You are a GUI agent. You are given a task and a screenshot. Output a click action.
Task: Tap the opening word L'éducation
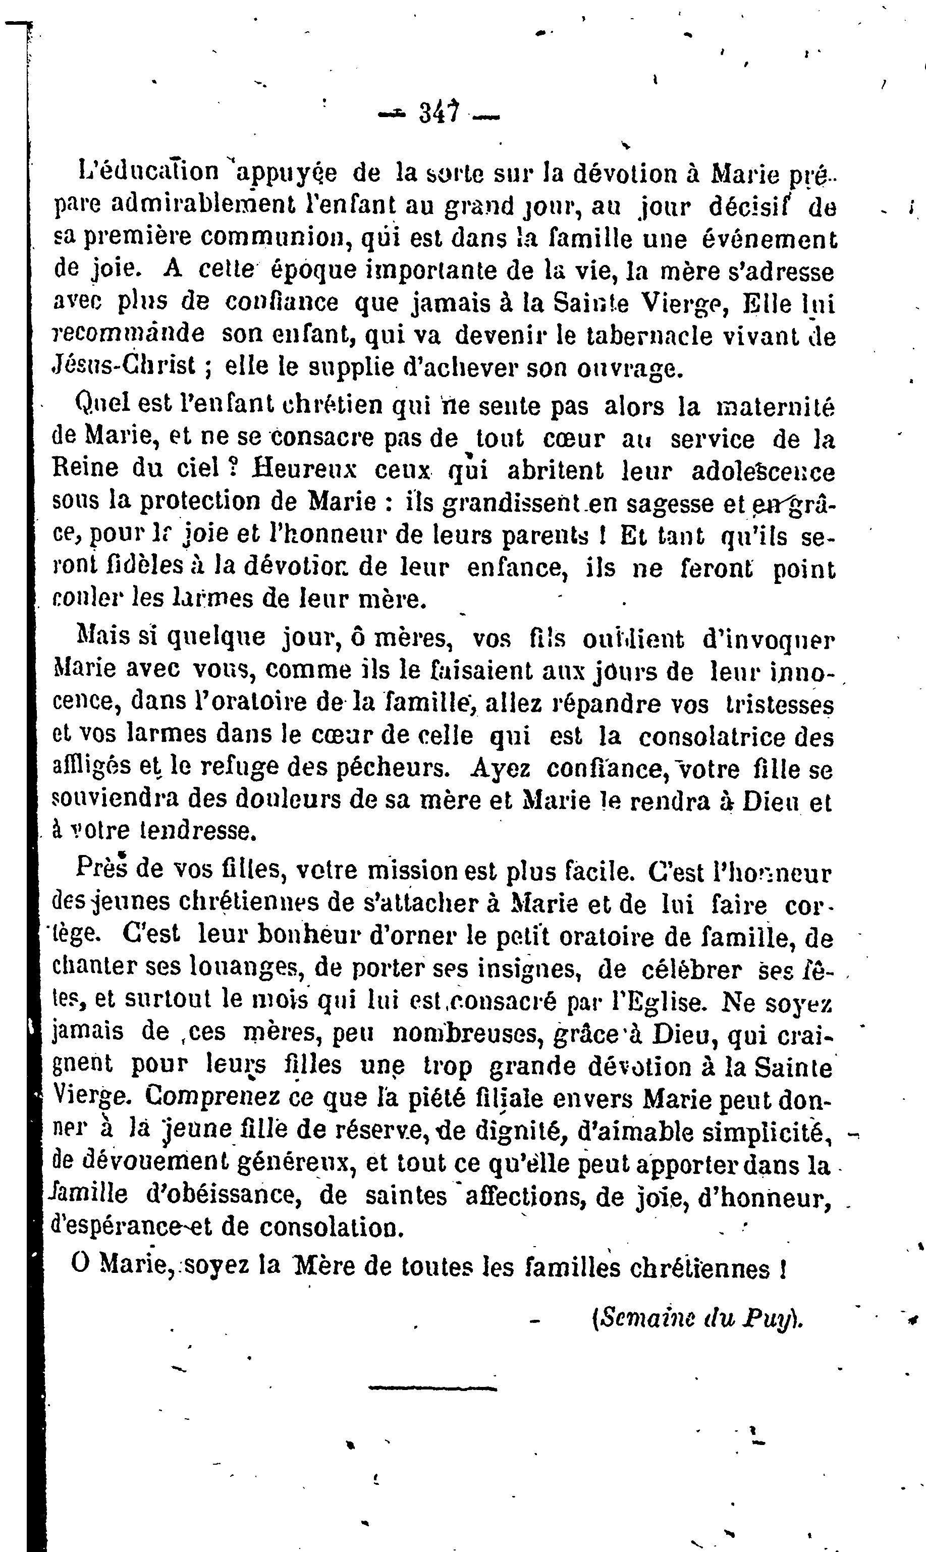[x=149, y=171]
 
